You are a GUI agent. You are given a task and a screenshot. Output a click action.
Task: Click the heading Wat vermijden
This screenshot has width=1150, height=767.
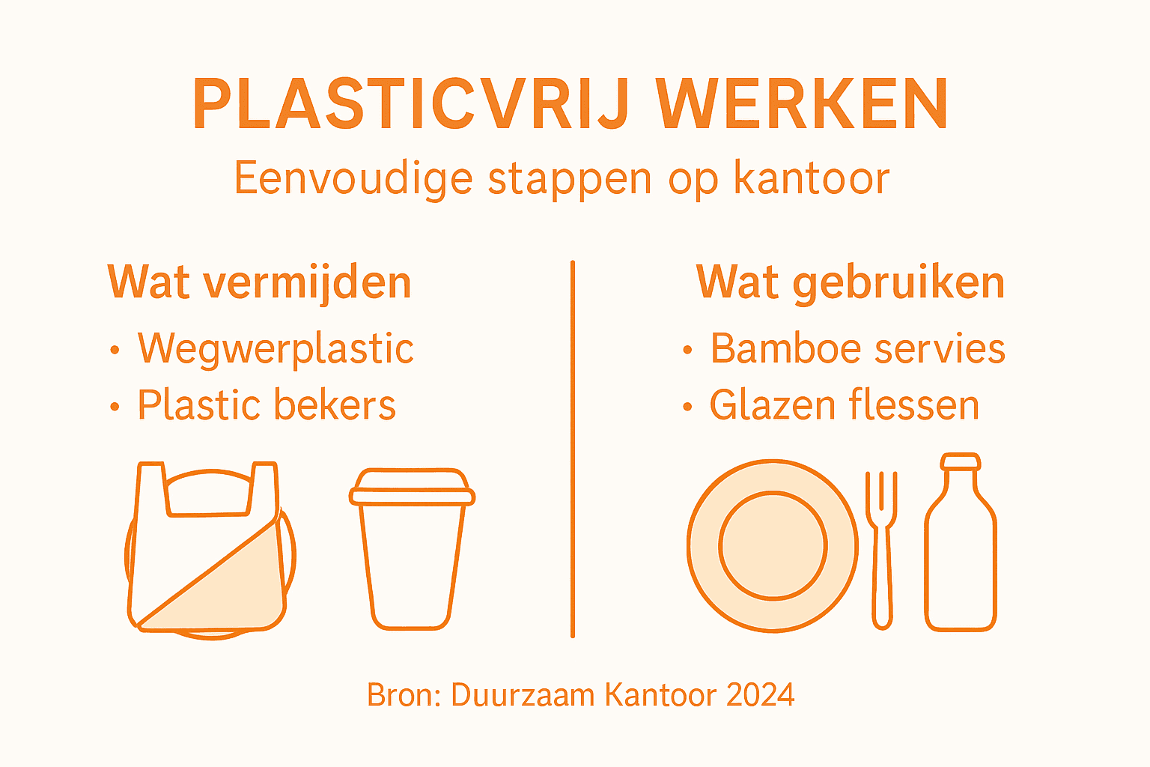coord(260,282)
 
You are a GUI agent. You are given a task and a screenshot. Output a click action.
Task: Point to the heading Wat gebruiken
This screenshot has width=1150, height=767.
coord(850,282)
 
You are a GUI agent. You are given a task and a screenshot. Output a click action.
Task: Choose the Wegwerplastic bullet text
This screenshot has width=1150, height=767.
coord(276,348)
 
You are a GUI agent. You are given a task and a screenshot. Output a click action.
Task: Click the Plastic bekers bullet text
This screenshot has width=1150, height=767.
coord(267,405)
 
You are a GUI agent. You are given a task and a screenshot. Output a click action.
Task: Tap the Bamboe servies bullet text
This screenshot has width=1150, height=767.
coord(857,348)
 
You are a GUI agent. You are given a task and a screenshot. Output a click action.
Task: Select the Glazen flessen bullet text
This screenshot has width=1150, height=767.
coord(844,405)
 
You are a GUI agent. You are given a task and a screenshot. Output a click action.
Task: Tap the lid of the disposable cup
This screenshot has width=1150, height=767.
coord(412,489)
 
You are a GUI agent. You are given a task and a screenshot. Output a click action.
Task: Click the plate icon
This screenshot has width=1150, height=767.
coord(773,545)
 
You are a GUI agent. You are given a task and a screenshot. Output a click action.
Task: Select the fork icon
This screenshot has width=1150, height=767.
coord(882,551)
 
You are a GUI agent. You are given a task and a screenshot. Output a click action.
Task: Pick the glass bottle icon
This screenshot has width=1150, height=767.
coord(961,554)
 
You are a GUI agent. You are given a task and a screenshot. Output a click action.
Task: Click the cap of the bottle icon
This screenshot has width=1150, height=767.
coord(961,461)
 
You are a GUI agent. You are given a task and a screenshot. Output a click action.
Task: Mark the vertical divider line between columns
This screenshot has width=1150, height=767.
coord(573,449)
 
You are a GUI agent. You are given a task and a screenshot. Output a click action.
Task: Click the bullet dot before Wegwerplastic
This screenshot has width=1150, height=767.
coord(115,350)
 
